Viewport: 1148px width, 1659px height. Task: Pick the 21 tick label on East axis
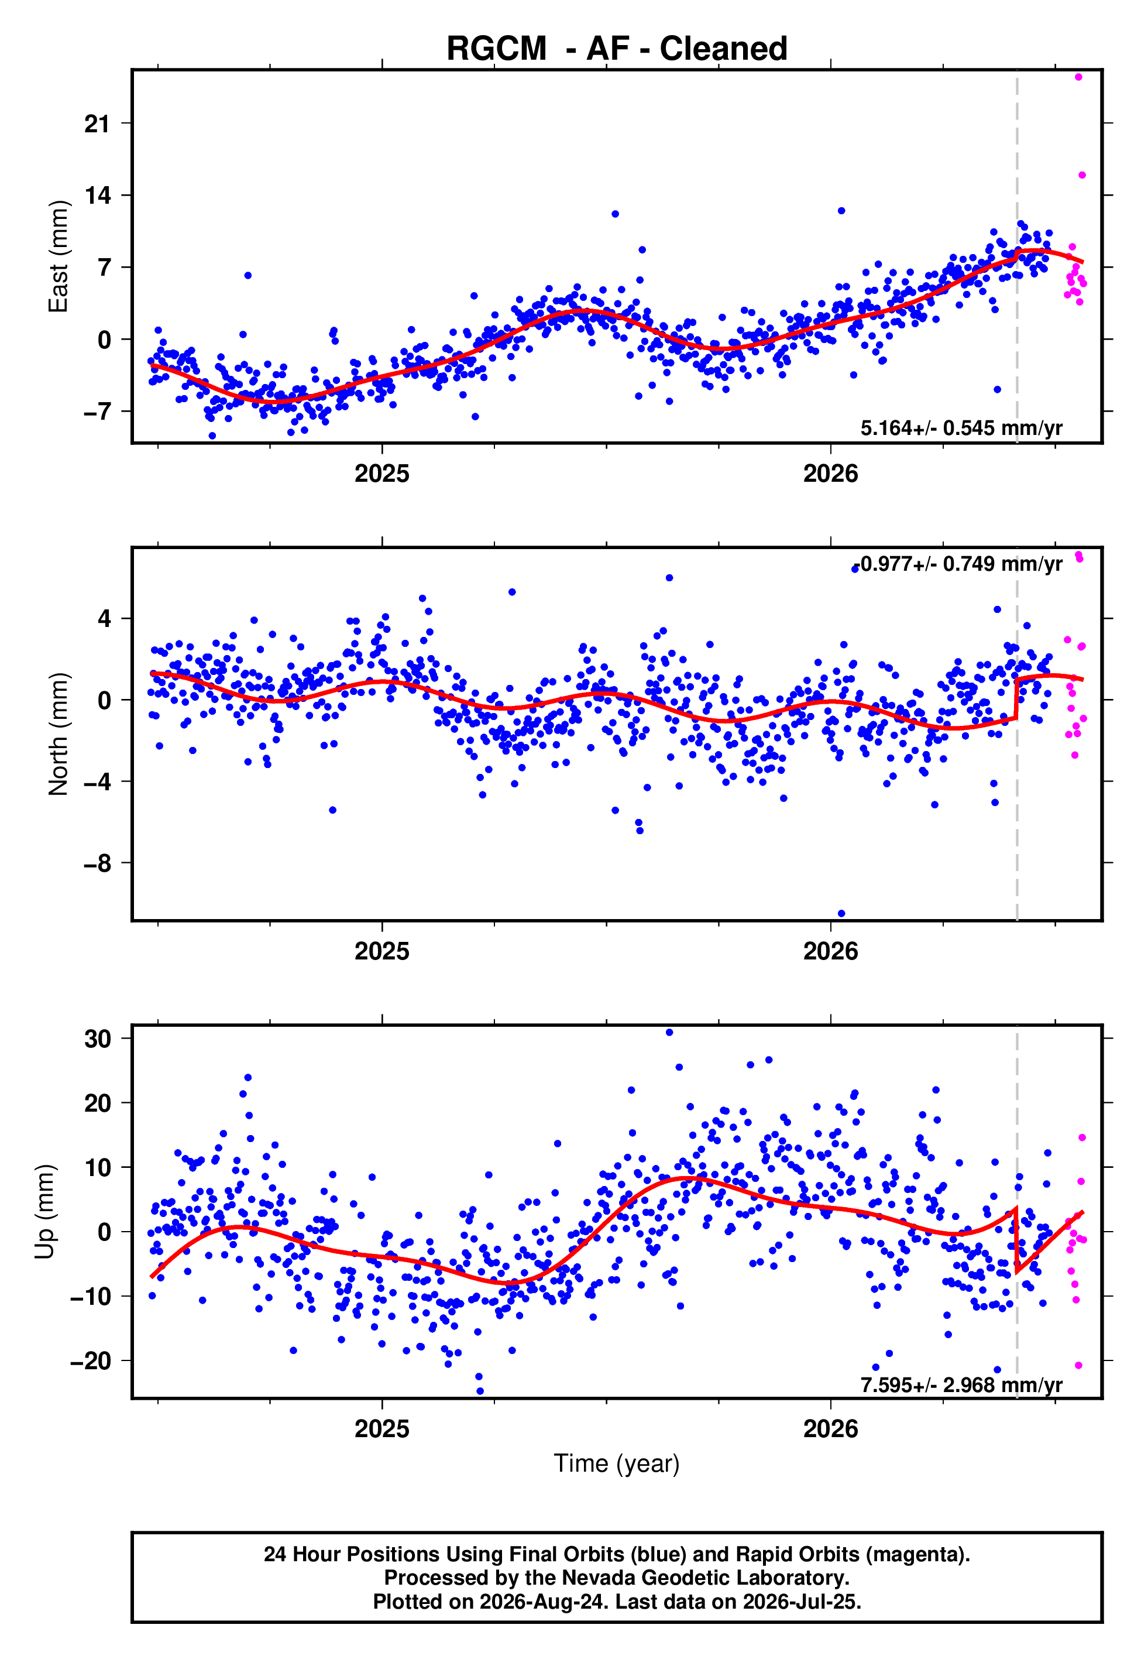pos(97,124)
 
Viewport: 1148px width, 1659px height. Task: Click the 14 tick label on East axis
pos(97,196)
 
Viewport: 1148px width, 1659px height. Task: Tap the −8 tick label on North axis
pos(97,863)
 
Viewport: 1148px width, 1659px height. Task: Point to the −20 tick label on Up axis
pos(91,1360)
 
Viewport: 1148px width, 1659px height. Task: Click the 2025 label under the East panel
pos(382,474)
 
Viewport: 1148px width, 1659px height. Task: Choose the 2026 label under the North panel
pos(831,951)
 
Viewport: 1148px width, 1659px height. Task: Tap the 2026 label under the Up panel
pos(831,1429)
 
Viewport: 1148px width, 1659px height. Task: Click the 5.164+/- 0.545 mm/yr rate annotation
pos(961,428)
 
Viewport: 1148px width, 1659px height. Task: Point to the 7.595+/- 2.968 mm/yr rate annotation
pos(961,1385)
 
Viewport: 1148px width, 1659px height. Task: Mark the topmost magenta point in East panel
pos(1078,77)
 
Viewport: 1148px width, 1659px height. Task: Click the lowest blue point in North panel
pos(841,914)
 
